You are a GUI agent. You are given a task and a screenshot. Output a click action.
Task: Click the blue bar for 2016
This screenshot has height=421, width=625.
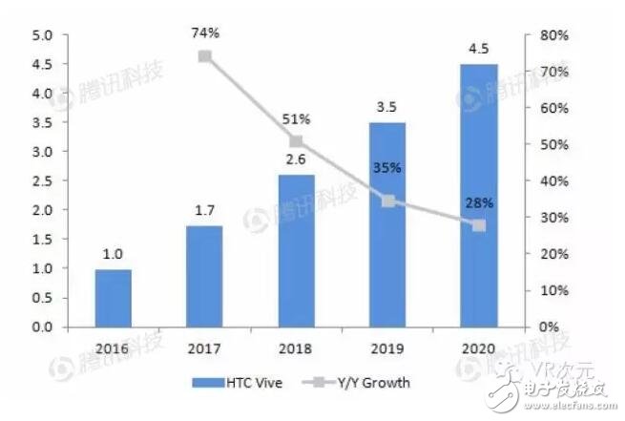point(114,298)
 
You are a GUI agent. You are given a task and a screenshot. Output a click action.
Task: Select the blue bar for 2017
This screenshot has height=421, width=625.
point(203,276)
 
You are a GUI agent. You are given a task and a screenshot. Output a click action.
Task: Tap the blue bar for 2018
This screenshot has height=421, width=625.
point(295,250)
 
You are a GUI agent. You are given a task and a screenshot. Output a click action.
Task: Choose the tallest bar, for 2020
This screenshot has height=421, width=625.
point(477,196)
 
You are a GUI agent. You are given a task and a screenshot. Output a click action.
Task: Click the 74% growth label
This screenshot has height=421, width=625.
point(204,33)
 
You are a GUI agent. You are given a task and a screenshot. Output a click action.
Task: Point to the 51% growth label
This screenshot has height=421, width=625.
point(295,119)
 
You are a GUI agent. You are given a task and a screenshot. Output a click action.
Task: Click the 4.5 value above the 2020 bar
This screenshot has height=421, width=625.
point(477,49)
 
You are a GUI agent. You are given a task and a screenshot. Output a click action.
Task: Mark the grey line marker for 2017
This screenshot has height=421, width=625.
point(204,56)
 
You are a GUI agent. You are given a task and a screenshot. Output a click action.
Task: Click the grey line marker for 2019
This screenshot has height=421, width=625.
point(386,200)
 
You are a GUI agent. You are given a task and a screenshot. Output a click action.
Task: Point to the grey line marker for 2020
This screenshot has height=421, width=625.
point(478,225)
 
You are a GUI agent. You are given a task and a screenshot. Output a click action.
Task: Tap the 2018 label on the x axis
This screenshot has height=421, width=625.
point(295,347)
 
